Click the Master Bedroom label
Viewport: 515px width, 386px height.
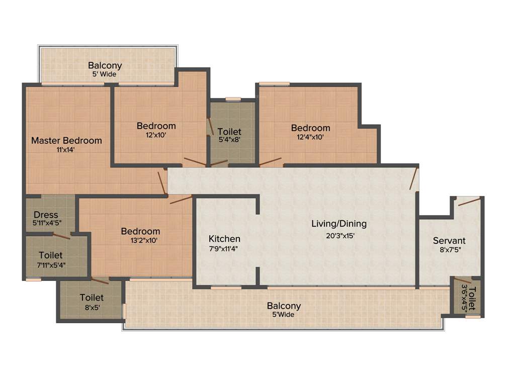[66, 141]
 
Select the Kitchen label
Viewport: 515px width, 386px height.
[224, 239]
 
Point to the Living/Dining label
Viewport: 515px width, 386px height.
[338, 224]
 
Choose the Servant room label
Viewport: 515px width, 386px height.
[449, 241]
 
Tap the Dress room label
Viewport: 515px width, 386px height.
[46, 215]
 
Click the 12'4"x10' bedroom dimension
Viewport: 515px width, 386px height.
[311, 137]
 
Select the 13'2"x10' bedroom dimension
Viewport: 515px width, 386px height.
[140, 240]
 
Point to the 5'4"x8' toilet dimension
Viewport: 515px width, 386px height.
[229, 140]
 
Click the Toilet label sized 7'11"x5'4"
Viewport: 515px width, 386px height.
[50, 255]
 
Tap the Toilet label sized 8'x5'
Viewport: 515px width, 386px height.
[92, 298]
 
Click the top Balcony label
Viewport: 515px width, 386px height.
[105, 65]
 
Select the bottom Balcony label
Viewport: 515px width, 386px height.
[284, 306]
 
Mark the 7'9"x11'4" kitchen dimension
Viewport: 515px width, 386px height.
[223, 248]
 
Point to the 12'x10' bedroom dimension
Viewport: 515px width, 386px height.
[156, 135]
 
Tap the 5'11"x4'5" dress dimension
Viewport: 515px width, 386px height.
[46, 223]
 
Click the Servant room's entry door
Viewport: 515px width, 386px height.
[468, 202]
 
